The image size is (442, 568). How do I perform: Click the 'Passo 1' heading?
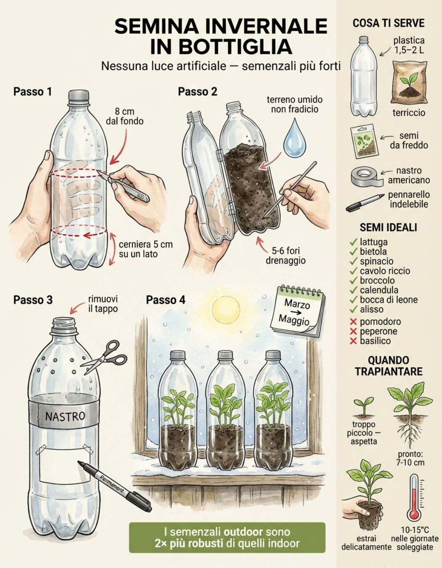coord(32,92)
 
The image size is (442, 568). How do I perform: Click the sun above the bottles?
coord(226,310)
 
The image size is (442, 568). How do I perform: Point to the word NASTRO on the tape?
coord(65,416)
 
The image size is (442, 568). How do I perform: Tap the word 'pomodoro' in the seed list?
coord(380,321)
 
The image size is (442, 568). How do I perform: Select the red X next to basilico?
coord(353,341)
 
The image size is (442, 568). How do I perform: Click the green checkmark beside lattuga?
coord(353,242)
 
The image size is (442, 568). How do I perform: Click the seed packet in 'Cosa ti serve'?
coord(364,141)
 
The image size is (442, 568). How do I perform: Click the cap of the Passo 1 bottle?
coord(79,95)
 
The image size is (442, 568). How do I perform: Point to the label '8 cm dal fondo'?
coord(125,116)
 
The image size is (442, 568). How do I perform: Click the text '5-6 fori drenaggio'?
coord(285,256)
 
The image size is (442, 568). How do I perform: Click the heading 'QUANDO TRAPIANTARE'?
coord(389,366)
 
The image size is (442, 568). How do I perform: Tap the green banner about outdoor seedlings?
coord(227,538)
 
